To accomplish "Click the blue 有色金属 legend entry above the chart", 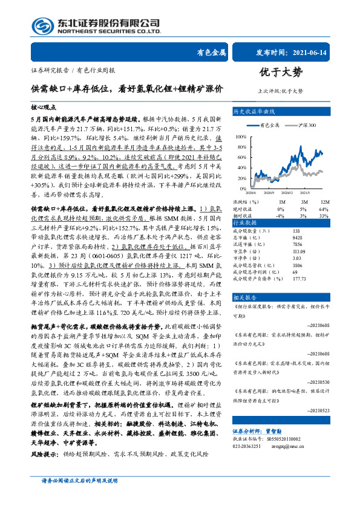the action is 267,125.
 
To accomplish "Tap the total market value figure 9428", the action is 297,238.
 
